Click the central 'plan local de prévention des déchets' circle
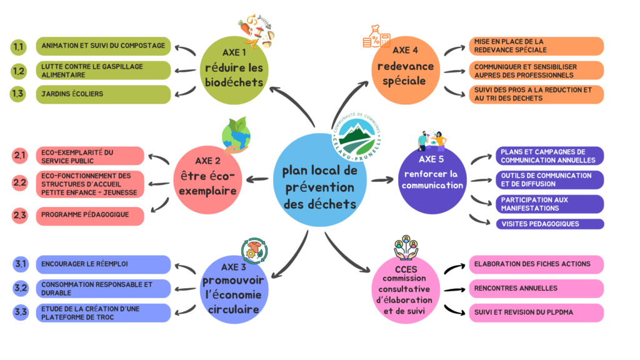coord(319,182)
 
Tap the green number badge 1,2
coord(19,71)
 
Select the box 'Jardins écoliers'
coord(103,94)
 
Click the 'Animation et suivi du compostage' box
coord(103,46)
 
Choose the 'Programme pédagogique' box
coord(90,216)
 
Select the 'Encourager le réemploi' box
coord(103,264)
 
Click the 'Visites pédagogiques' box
coord(550,224)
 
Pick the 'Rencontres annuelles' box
coord(536,288)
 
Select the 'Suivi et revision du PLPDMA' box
coord(536,312)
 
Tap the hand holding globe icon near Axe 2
coord(236,137)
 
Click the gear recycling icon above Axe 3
coord(252,249)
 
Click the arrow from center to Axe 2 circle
coord(259,179)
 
